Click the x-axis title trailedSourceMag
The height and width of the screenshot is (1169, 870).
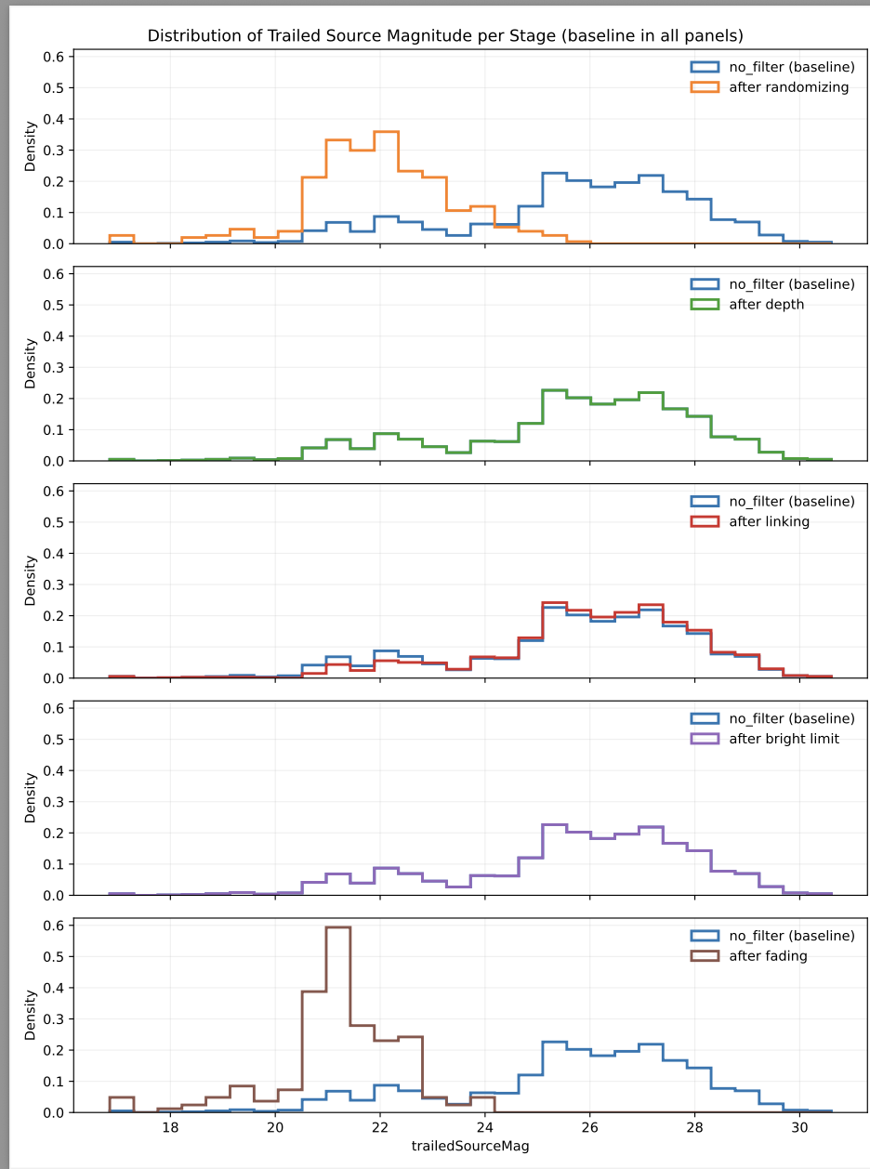[470, 1146]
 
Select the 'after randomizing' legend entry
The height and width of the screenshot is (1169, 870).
[789, 87]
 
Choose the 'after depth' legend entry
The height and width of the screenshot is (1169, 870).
[767, 305]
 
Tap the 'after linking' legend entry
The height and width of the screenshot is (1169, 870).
[769, 521]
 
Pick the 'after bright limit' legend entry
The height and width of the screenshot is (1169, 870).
[784, 739]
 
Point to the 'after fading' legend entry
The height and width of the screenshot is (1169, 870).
[768, 955]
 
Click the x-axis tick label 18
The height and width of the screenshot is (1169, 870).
[170, 1127]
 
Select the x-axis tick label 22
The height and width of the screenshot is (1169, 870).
[379, 1127]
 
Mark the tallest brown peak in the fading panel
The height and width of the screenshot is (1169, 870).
[338, 927]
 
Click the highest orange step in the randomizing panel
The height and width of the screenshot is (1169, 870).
[386, 132]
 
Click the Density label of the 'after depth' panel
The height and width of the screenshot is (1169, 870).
[31, 363]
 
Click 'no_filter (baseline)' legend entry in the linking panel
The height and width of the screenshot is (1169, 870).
[791, 501]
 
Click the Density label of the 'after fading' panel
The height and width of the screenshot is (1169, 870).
[31, 1015]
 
